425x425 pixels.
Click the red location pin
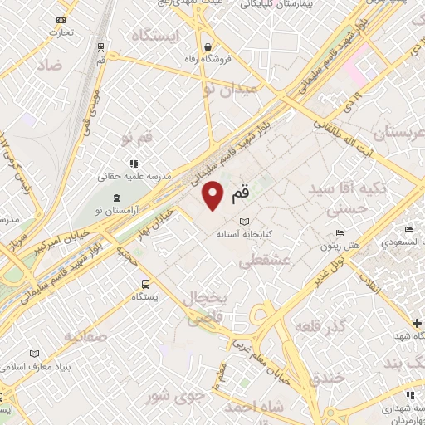(x=214, y=197)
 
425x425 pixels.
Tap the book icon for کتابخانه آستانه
(x=244, y=222)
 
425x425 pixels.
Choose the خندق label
(x=326, y=378)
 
